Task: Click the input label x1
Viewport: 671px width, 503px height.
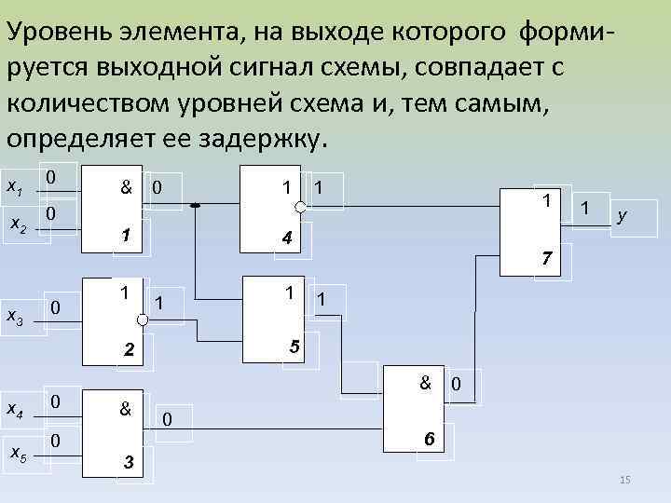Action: tap(15, 187)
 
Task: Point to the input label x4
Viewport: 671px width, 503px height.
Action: tap(15, 408)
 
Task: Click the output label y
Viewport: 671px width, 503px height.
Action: tap(622, 216)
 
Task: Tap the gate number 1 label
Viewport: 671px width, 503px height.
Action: tap(122, 236)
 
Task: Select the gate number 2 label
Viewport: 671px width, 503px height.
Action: tap(130, 351)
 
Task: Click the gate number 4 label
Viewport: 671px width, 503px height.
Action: tap(288, 239)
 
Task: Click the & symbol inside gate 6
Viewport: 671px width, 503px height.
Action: tap(425, 382)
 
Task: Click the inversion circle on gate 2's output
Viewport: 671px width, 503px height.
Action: tap(142, 319)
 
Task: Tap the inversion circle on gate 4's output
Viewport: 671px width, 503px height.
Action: tap(300, 205)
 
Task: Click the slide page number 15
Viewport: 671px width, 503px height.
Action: tap(625, 480)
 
